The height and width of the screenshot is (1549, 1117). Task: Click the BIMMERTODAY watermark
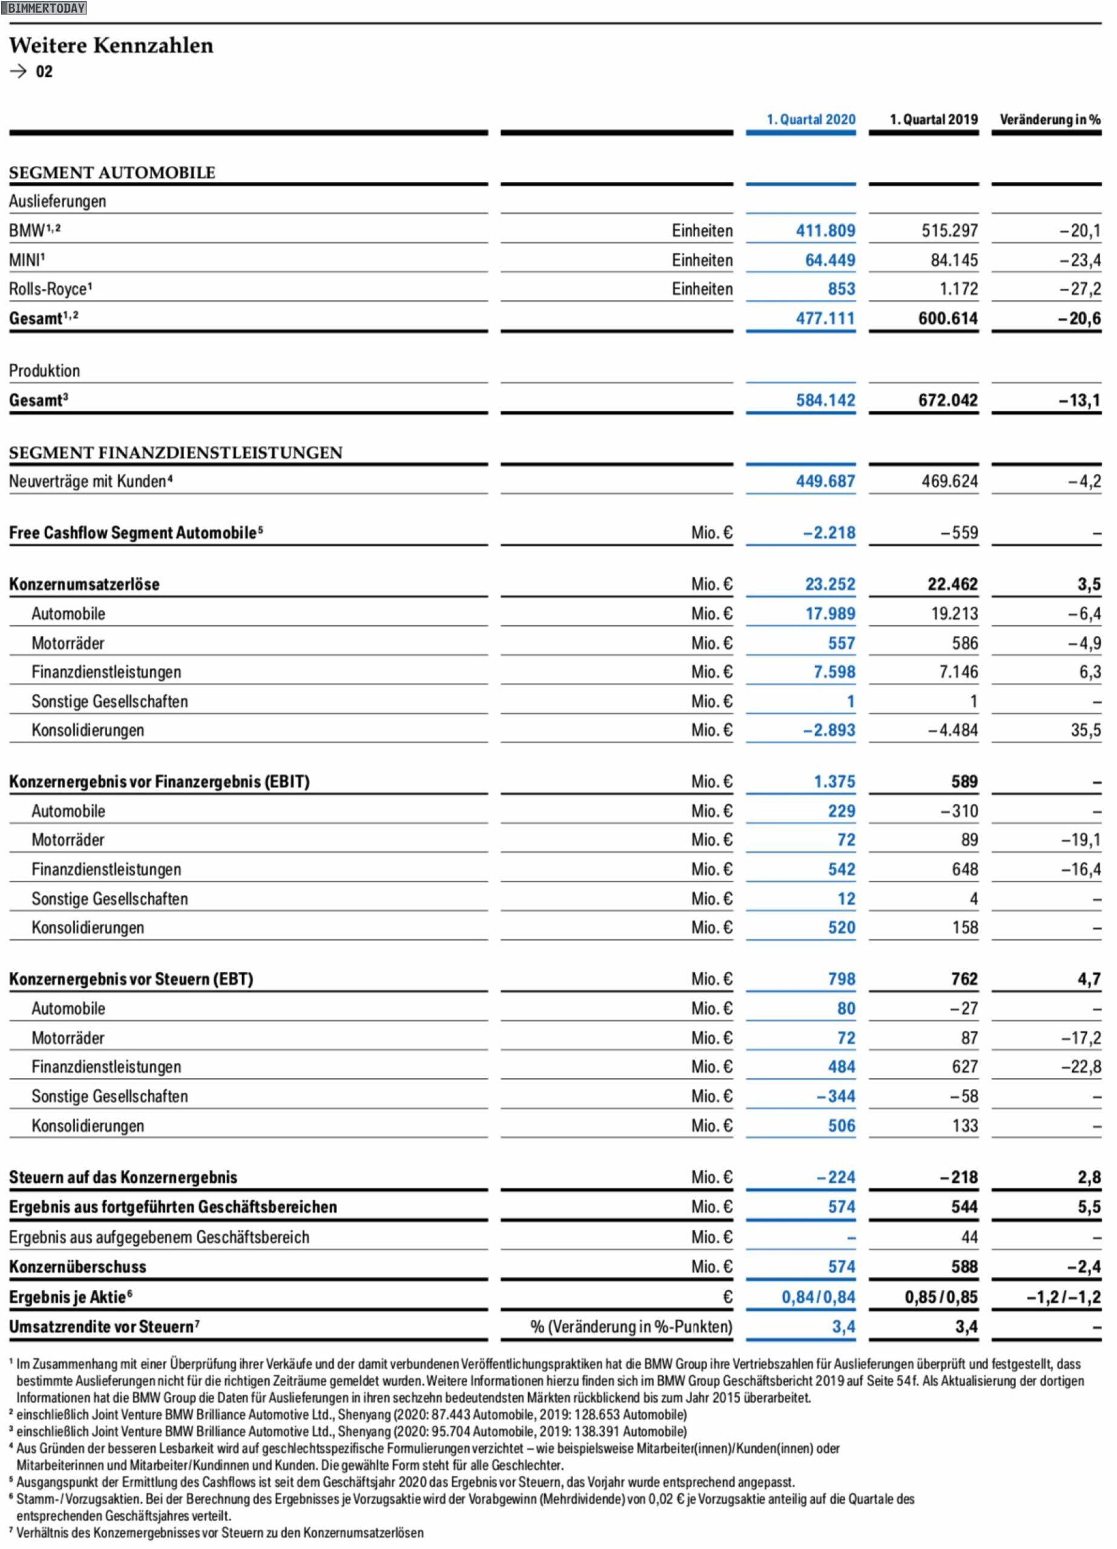click(x=44, y=8)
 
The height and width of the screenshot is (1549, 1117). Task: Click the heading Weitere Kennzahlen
click(x=111, y=45)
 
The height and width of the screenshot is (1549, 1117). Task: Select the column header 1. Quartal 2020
click(x=810, y=120)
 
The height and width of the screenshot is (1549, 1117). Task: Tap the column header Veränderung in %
click(x=1050, y=120)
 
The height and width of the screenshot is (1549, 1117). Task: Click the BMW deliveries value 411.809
click(x=825, y=231)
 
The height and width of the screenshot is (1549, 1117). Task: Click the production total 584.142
click(x=825, y=400)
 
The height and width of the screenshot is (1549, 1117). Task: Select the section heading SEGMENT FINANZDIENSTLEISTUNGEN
click(x=175, y=453)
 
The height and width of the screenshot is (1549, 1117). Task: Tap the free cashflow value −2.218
click(x=829, y=532)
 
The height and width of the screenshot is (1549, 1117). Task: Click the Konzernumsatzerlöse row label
click(x=84, y=585)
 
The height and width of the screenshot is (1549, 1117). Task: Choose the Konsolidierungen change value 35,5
click(x=1086, y=731)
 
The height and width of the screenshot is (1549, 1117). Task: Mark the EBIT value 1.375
click(x=834, y=782)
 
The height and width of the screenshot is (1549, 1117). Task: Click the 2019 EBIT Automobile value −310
click(x=959, y=811)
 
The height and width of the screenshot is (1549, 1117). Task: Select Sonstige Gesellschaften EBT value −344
click(x=836, y=1097)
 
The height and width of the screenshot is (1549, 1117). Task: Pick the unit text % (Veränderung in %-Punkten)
click(x=631, y=1326)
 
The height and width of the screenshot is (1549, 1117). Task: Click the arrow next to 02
click(x=18, y=71)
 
